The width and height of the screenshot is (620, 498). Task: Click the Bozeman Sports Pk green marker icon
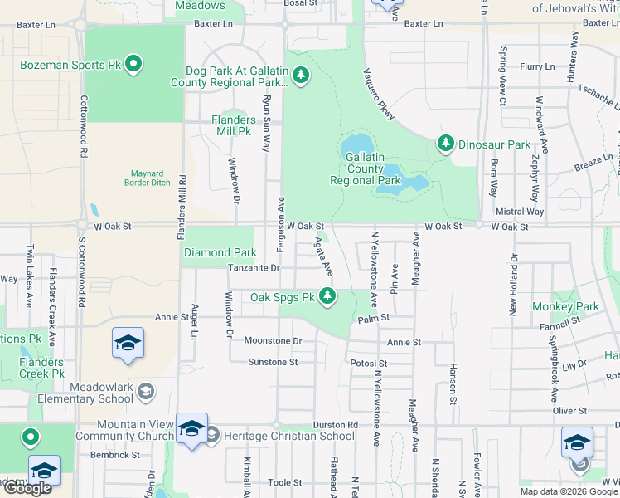tap(133, 63)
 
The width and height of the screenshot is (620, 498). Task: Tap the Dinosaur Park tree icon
tap(446, 144)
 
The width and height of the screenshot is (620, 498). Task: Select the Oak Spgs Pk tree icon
tap(328, 295)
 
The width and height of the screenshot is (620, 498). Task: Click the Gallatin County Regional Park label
tap(366, 168)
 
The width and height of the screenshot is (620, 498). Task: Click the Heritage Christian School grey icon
tap(212, 435)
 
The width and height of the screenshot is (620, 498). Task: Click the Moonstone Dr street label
tap(273, 340)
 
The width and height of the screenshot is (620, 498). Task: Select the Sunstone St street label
tap(273, 362)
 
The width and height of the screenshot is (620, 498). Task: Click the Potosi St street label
tap(369, 364)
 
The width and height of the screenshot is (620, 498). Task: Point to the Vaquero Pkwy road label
tap(378, 95)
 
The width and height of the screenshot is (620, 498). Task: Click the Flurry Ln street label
tap(536, 66)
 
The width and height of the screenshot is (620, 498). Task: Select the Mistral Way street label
tap(519, 212)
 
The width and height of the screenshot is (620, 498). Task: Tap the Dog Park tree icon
tap(300, 76)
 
